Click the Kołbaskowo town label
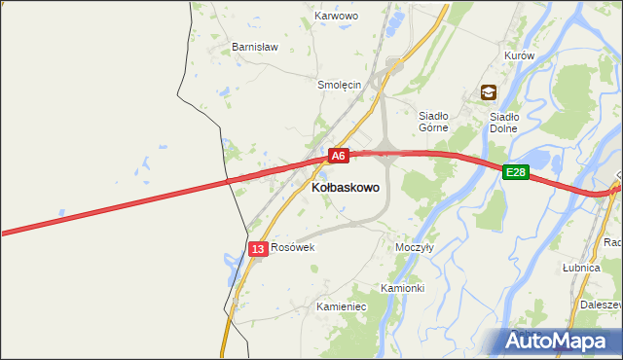coord(346,186)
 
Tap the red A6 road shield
coord(338,156)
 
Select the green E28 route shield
coord(516,172)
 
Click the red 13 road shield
coord(257,250)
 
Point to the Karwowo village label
coord(337,17)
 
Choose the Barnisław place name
coord(255,47)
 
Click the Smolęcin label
coord(340,85)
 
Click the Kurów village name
coord(520,56)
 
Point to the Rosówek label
coord(293,248)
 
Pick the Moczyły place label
coord(415,247)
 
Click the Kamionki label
coord(402,289)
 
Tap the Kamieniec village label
coord(341,306)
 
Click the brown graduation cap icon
coord(488,93)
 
